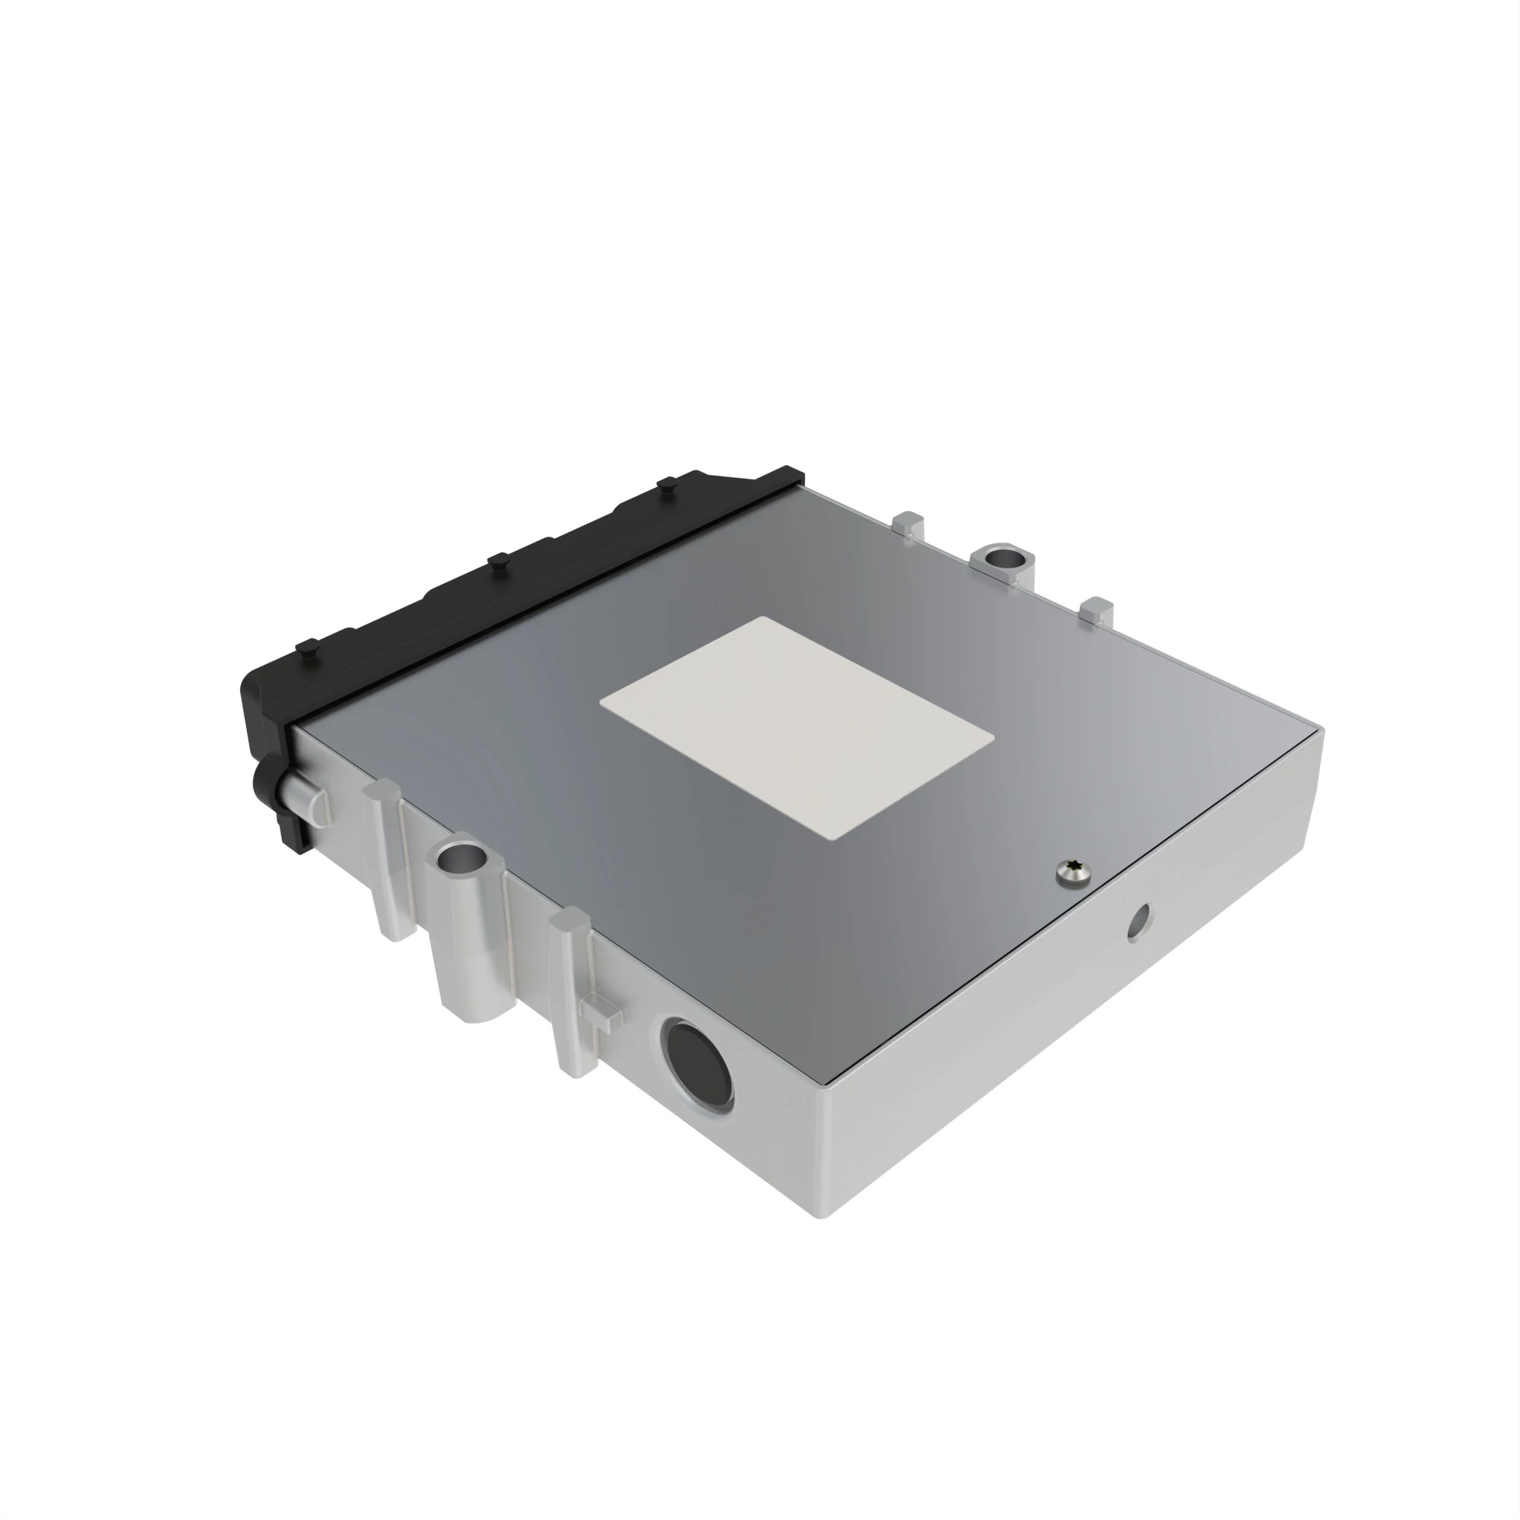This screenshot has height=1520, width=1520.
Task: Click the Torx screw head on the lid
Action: [x=1075, y=872]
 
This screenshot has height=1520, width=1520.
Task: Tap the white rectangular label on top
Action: [x=796, y=727]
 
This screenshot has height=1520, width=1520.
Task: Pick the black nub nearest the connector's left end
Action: [x=308, y=649]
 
